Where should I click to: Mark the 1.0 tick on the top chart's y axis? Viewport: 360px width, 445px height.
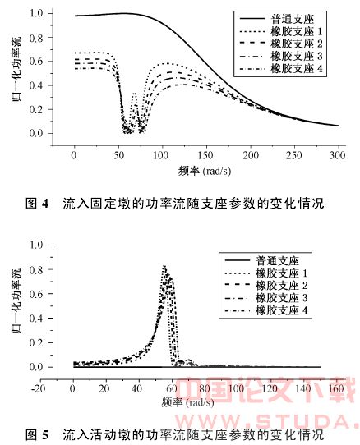click(35, 14)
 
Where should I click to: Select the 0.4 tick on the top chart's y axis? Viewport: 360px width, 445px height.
click(35, 85)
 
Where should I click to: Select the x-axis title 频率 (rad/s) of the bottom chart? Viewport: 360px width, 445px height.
click(193, 394)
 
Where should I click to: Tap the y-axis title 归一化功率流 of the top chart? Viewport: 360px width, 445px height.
click(12, 74)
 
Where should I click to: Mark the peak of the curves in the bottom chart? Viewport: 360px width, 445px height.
click(165, 267)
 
